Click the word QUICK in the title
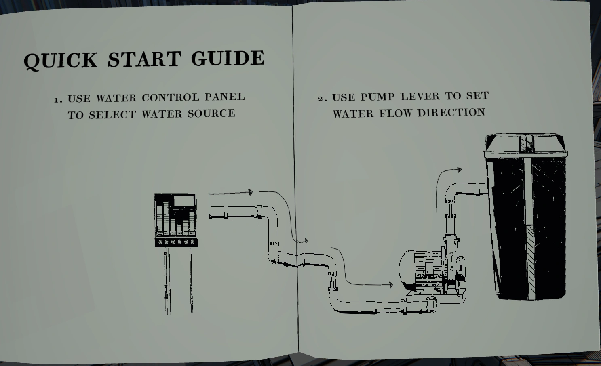point(60,61)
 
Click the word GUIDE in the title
point(228,58)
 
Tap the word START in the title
point(144,59)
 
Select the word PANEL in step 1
point(225,97)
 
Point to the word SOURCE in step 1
point(211,114)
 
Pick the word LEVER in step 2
point(420,96)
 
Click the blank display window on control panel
point(184,201)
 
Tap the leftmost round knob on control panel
point(160,242)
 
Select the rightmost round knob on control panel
point(192,242)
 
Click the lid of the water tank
point(525,145)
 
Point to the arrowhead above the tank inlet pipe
point(460,170)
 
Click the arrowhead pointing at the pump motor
point(391,285)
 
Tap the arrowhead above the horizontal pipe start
point(250,192)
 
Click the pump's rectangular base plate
point(436,297)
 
